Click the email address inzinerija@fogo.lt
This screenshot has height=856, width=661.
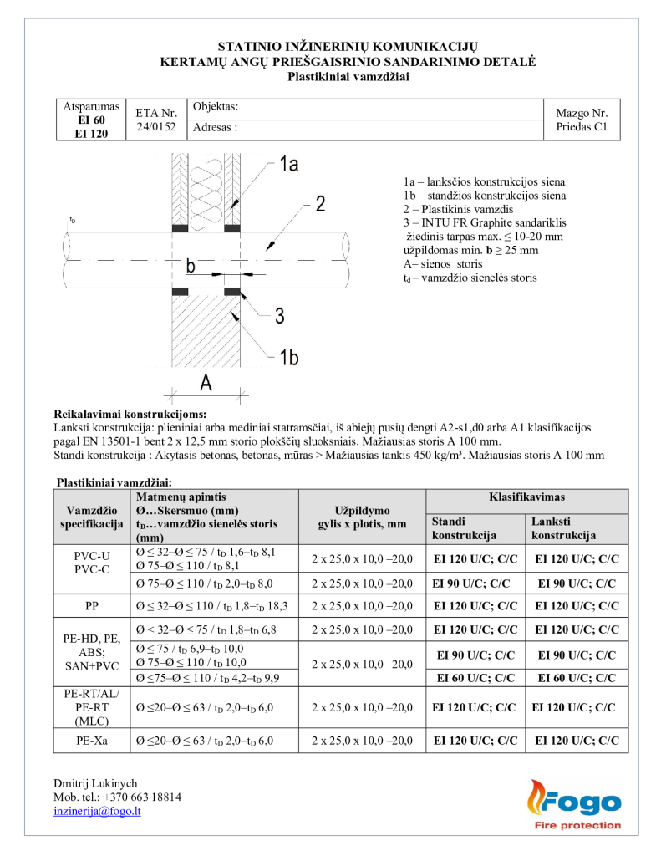point(97,811)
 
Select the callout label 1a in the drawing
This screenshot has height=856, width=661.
point(287,165)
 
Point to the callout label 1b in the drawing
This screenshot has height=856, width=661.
point(288,358)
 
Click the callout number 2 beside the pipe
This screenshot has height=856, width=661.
point(320,204)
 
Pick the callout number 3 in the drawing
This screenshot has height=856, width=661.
point(280,315)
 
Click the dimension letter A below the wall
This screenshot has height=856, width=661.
point(205,383)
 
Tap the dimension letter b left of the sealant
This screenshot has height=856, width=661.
point(191,267)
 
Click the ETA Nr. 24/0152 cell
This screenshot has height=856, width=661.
point(156,120)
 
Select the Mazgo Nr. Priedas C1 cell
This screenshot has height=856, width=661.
point(582,120)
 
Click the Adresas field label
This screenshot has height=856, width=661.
point(215,128)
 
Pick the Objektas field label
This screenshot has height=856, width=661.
point(216,107)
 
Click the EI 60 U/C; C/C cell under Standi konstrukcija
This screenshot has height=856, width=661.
point(474,677)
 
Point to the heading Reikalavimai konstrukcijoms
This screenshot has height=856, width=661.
point(130,414)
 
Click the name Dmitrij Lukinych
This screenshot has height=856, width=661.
point(95,783)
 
